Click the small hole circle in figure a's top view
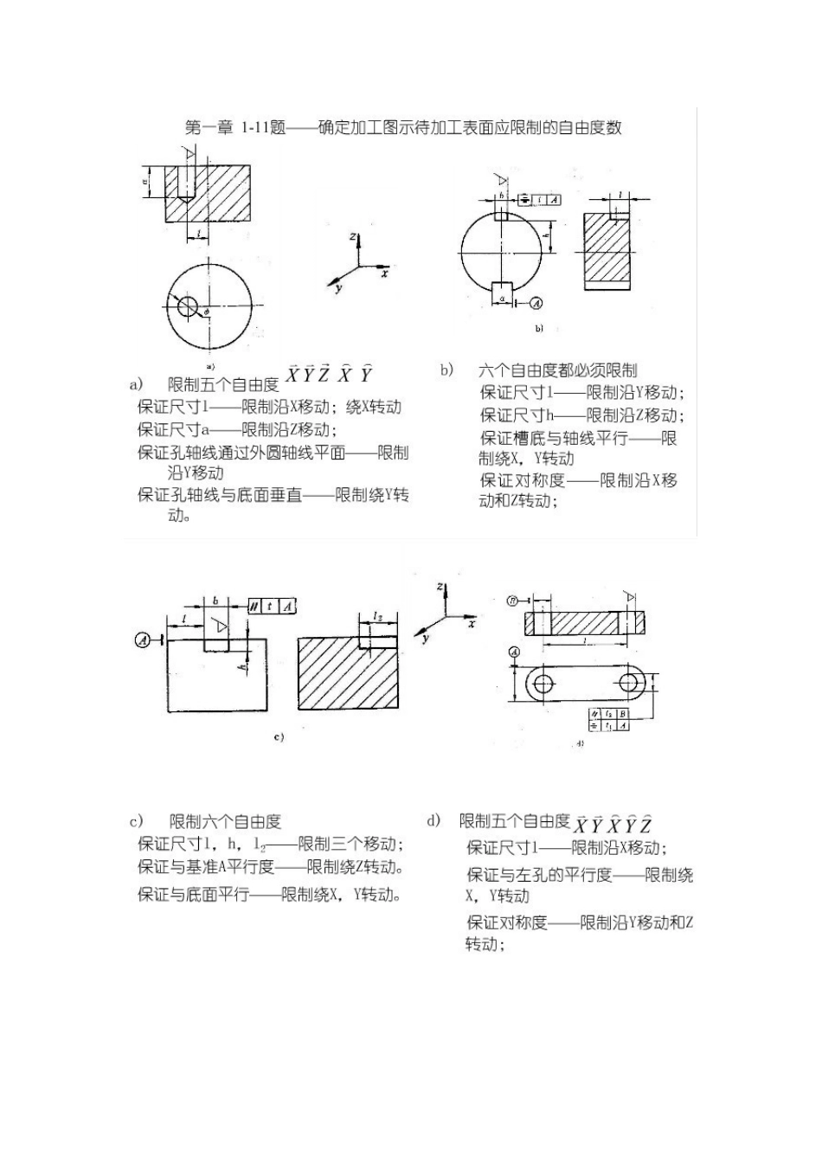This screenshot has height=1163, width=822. (188, 305)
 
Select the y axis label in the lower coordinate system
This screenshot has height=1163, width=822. (426, 639)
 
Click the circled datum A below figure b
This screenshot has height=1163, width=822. (536, 303)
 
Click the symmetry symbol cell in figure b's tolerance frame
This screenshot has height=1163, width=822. (526, 200)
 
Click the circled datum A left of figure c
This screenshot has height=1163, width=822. (143, 639)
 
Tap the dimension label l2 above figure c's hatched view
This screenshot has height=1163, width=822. (378, 615)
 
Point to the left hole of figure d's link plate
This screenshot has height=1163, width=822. (544, 683)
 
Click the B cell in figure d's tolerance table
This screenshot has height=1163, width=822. (623, 714)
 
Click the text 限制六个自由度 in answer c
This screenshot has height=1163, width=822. (226, 822)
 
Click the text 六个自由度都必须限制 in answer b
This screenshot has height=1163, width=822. (558, 370)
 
